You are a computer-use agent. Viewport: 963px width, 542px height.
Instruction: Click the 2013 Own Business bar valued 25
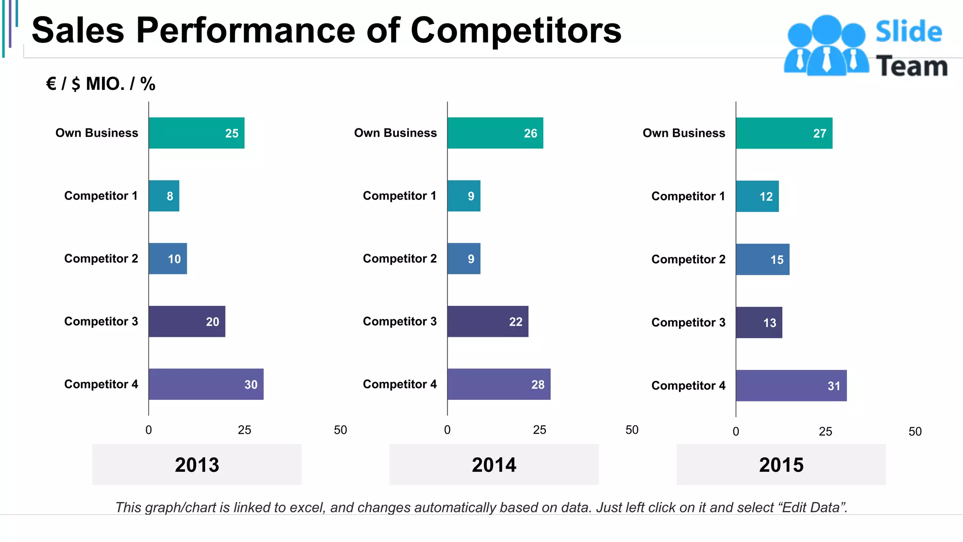(197, 133)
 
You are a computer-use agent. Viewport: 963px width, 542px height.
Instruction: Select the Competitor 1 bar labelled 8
(164, 196)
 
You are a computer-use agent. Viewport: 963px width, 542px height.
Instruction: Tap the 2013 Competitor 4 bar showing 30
(206, 384)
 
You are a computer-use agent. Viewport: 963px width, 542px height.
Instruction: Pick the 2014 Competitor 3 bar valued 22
(488, 321)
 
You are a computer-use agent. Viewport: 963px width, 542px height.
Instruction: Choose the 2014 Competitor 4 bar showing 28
(498, 384)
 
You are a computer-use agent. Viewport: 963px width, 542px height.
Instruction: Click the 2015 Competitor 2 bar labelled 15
(762, 259)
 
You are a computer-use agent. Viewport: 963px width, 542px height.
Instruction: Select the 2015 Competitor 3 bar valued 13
(759, 323)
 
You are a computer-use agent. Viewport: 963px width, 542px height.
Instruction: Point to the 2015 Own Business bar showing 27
(784, 133)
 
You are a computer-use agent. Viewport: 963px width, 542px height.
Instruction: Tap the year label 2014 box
(494, 465)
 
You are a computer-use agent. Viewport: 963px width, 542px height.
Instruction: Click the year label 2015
(781, 465)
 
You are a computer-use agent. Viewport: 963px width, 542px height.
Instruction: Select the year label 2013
(197, 465)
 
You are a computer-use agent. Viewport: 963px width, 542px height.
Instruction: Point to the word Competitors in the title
(516, 31)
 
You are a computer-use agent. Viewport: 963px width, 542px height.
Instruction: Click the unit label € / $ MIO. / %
(101, 84)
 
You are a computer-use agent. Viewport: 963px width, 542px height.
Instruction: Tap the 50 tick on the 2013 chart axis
(340, 430)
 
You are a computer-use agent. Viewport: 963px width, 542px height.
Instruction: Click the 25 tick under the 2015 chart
(825, 431)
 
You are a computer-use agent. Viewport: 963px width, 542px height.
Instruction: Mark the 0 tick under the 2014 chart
(447, 430)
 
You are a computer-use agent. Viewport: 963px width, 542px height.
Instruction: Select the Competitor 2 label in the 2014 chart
(400, 259)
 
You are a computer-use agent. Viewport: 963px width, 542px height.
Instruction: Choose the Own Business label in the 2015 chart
(684, 133)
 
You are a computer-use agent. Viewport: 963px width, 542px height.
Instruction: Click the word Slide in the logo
(908, 32)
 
